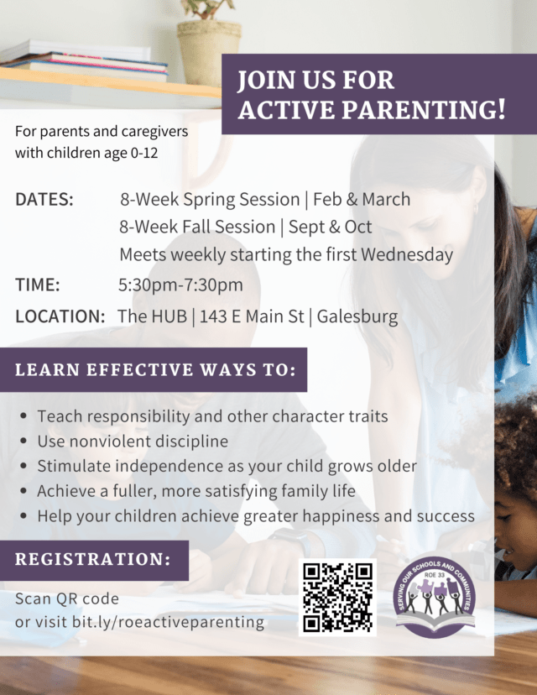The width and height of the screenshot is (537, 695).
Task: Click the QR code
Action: point(337,597)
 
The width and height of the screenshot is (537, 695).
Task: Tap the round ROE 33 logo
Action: point(435,595)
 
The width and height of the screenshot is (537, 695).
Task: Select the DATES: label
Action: point(44,200)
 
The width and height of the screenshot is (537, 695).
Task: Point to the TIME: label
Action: point(38,285)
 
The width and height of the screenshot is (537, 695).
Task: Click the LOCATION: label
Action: point(60,316)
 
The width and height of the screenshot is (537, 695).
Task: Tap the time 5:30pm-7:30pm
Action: point(180,285)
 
